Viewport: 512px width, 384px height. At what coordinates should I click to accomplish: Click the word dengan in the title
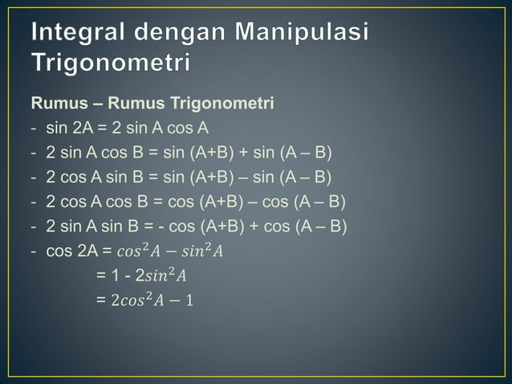(184, 35)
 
